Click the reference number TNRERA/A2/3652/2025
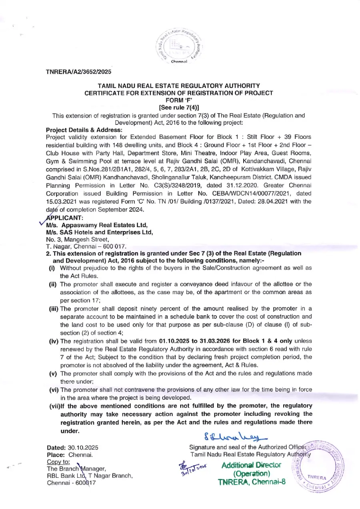79,72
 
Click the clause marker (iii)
54,309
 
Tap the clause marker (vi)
54,390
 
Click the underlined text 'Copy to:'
58,462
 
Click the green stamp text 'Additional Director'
251,465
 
